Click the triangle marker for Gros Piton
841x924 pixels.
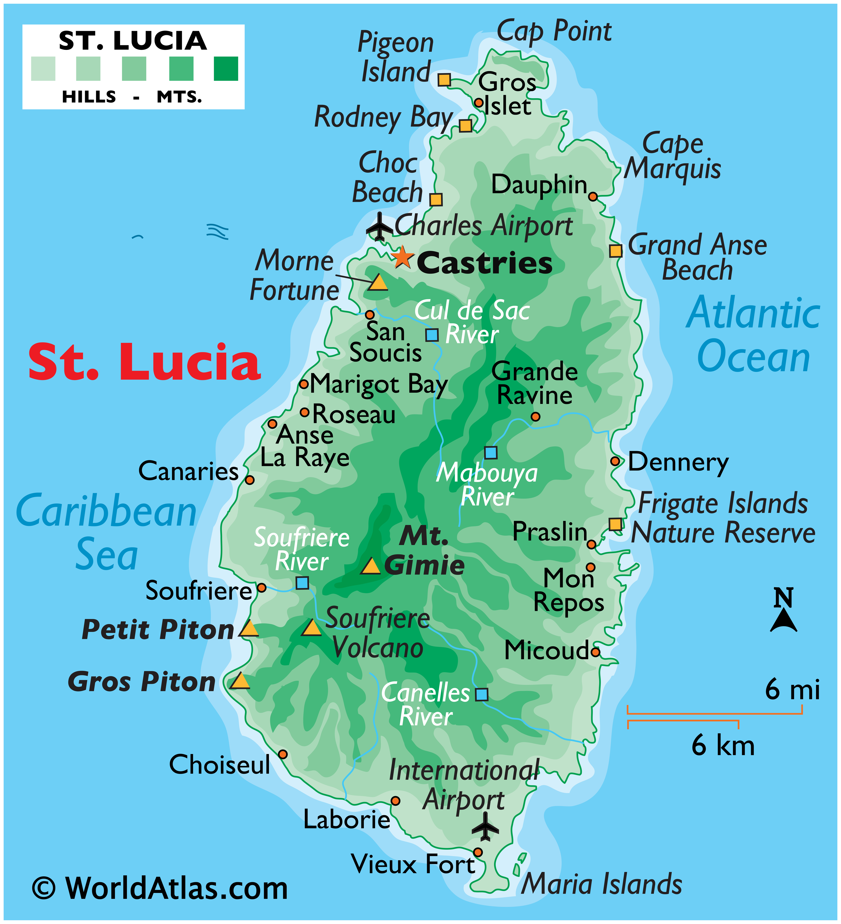[239, 681]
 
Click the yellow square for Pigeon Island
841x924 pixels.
[444, 80]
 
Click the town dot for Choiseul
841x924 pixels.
[283, 754]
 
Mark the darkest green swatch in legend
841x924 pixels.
[226, 69]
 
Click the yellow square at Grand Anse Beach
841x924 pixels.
[616, 251]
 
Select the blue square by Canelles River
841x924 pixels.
[481, 694]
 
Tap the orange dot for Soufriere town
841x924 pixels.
[261, 588]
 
